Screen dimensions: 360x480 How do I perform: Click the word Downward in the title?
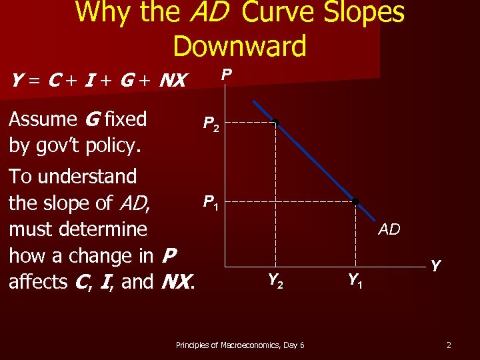click(239, 45)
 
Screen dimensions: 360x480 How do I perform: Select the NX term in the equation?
click(174, 81)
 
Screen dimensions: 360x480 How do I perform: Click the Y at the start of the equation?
click(18, 81)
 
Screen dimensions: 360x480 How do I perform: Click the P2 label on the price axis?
click(211, 124)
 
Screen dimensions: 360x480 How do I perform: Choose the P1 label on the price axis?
click(210, 201)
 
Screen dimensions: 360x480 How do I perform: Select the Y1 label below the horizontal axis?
click(355, 281)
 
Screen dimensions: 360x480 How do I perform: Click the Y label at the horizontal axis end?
click(435, 266)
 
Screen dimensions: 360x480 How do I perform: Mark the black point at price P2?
click(275, 123)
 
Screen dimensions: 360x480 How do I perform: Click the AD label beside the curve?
click(389, 230)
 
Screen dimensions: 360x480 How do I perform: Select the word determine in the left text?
click(103, 229)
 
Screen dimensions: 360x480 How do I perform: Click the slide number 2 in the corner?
click(449, 345)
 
